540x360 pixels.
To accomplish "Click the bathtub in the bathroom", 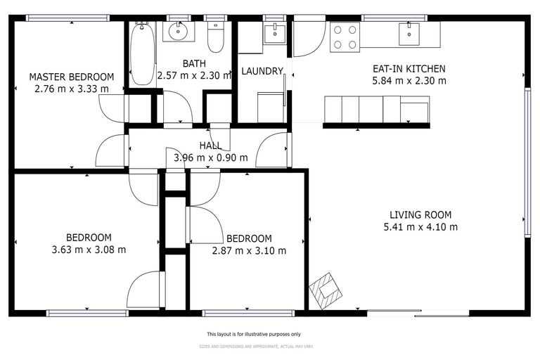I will point(142,55).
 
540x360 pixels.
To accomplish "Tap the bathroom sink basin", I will point(179,31).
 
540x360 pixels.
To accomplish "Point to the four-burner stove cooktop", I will point(345,37).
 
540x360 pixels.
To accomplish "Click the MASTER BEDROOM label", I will point(71,77).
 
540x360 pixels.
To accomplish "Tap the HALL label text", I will point(210,146).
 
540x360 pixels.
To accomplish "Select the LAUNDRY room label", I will point(262,71).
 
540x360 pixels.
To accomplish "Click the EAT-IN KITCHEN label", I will point(409,69).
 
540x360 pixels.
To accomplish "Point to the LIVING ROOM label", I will point(420,215).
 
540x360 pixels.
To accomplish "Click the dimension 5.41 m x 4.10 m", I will point(420,227).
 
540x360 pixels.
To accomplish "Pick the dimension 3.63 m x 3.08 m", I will point(89,249).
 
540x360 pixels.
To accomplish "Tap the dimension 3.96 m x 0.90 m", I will point(211,157).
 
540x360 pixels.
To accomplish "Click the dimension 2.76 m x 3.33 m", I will point(71,89).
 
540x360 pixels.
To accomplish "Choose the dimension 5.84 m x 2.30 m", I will point(409,81).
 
